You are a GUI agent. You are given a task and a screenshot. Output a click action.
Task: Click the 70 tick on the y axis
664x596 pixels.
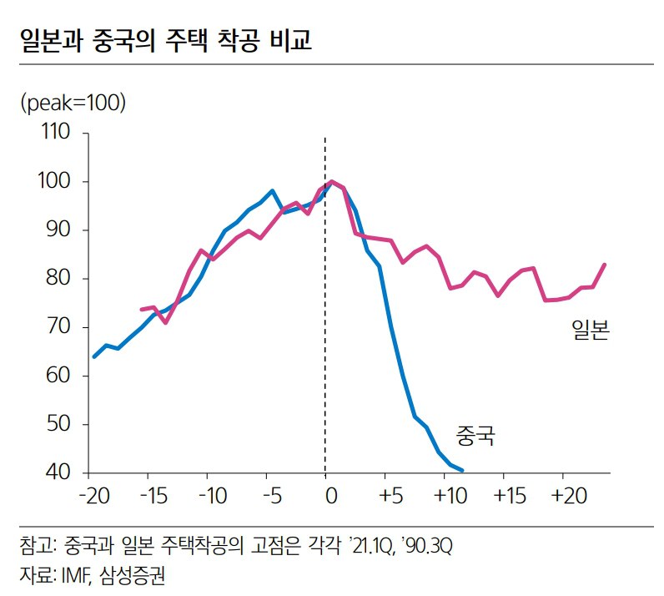(x=61, y=327)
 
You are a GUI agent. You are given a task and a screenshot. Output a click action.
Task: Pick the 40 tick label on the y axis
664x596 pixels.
(x=61, y=473)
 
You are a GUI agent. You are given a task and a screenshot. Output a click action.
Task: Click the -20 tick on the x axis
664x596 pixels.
(x=93, y=495)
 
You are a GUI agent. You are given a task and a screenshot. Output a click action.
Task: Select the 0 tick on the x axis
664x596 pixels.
(x=330, y=495)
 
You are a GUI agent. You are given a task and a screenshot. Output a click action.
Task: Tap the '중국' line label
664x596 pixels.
(x=475, y=435)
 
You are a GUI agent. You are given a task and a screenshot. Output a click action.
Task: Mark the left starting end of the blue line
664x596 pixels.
(x=93, y=356)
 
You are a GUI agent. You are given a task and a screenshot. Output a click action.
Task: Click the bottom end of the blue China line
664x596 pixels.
(x=462, y=469)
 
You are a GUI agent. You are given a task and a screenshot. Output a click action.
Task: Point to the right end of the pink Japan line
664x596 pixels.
(x=605, y=265)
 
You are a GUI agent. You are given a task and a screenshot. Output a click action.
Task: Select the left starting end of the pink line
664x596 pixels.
(x=140, y=310)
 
